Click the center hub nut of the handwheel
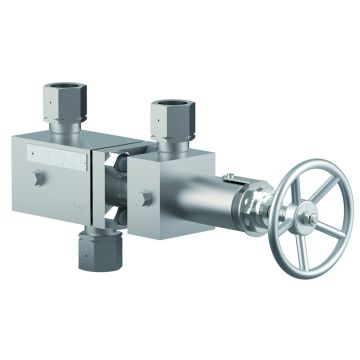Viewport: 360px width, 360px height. [x=308, y=220]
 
